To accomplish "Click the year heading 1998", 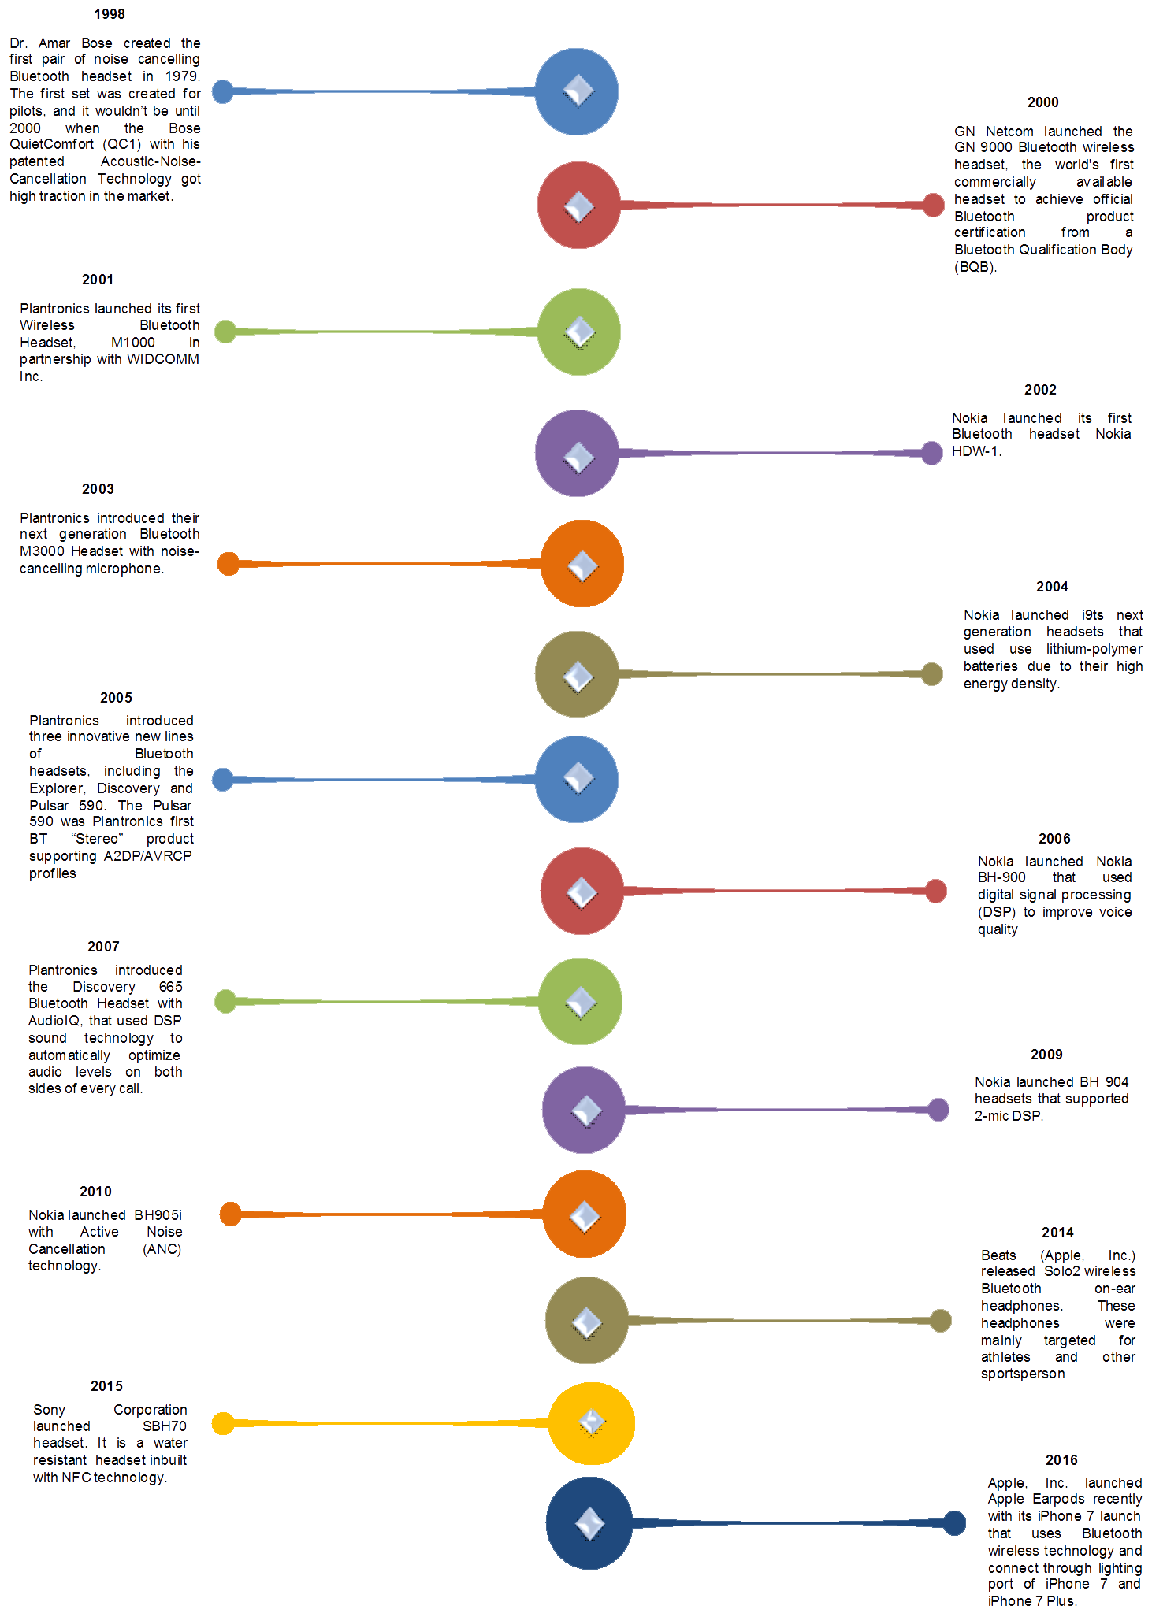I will (x=110, y=14).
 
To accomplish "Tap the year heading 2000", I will (x=1042, y=102).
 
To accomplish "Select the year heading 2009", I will (x=1046, y=1055).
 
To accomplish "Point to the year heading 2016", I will (x=1061, y=1460).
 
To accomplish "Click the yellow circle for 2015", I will (x=591, y=1423).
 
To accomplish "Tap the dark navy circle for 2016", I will (x=589, y=1523).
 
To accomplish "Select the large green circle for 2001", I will (x=578, y=332).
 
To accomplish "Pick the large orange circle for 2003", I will (x=582, y=564).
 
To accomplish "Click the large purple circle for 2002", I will (x=577, y=453).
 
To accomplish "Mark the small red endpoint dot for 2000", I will (x=933, y=205).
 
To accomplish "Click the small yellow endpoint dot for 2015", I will (x=223, y=1423).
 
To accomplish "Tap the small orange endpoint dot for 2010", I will (x=230, y=1214).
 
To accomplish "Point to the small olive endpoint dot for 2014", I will (x=941, y=1321).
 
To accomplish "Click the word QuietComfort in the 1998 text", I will (x=51, y=145).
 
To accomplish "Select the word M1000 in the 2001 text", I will (x=133, y=343).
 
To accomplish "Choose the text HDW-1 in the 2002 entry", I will (x=975, y=451).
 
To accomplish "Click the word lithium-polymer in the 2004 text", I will (x=1094, y=649).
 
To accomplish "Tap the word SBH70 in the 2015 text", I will (x=164, y=1426).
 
